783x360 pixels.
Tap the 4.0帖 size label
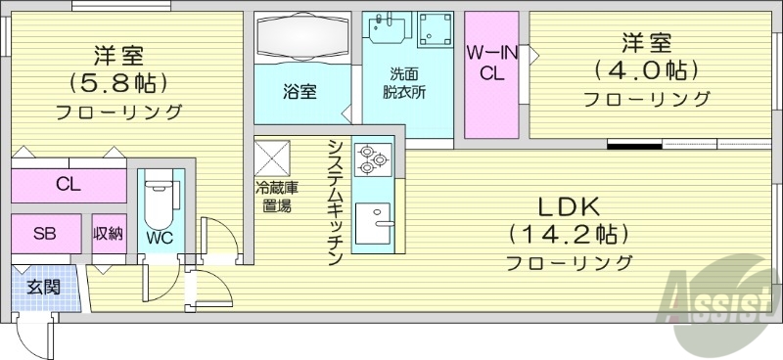click(x=647, y=70)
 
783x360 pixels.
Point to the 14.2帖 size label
click(x=567, y=234)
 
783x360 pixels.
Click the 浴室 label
click(x=299, y=92)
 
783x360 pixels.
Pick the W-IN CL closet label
click(x=485, y=62)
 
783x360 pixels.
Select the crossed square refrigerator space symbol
click(x=273, y=157)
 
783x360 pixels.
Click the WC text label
click(x=160, y=237)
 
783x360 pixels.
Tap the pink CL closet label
click(x=69, y=184)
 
